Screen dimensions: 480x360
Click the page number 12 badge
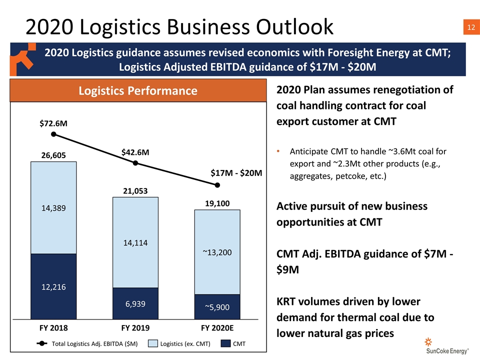(x=471, y=27)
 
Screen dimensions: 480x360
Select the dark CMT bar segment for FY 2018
(x=53, y=286)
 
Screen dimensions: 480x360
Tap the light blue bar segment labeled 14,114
(x=135, y=242)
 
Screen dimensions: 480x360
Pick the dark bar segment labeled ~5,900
(x=217, y=306)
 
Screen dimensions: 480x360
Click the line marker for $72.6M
(x=53, y=134)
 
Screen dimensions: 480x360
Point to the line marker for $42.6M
(x=135, y=163)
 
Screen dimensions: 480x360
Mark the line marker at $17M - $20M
(x=217, y=185)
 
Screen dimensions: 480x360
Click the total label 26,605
(x=53, y=155)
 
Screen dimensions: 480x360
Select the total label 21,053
(x=135, y=191)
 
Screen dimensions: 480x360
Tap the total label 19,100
(x=217, y=203)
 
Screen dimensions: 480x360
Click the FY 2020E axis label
(x=217, y=328)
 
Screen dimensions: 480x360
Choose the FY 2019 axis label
(x=135, y=328)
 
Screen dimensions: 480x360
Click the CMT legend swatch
(x=225, y=343)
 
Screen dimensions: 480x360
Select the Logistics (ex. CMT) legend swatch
(x=153, y=343)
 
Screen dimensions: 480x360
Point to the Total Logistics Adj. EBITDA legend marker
(x=42, y=343)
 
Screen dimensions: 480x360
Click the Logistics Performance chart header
(x=138, y=90)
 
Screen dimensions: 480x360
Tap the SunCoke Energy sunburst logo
(x=428, y=341)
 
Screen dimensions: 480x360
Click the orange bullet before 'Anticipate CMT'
(x=278, y=151)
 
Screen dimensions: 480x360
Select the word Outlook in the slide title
(x=294, y=26)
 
